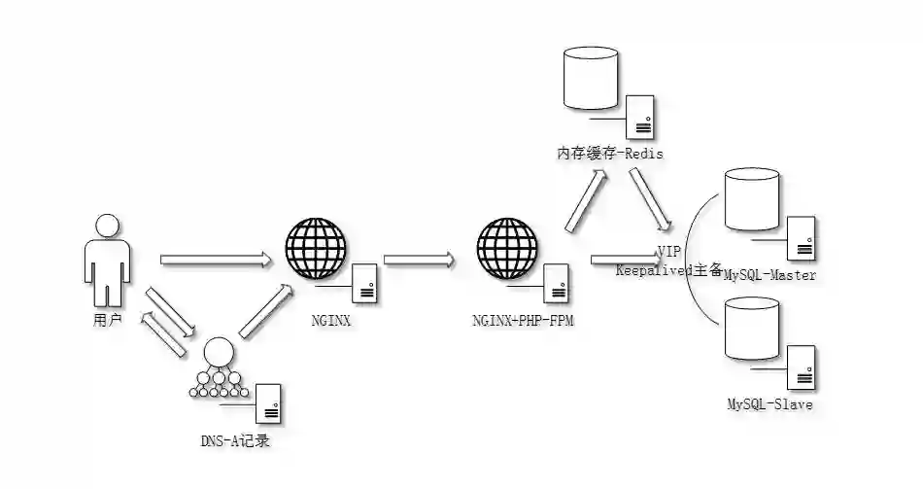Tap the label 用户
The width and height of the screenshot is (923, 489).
(x=107, y=319)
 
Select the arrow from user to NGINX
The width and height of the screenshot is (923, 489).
(x=215, y=260)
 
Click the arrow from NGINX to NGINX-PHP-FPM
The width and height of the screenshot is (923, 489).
(x=419, y=260)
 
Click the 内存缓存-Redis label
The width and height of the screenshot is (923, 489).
(x=610, y=154)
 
